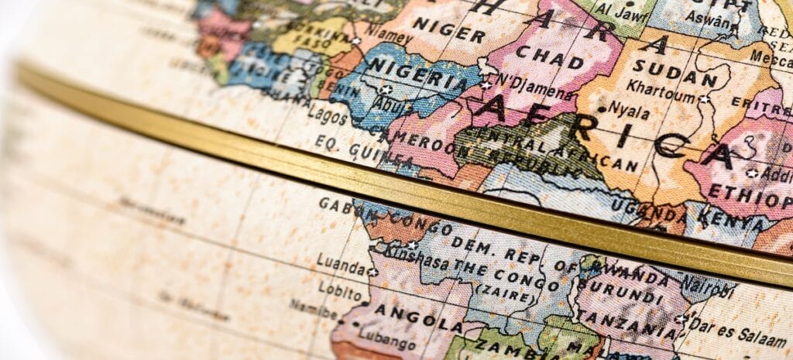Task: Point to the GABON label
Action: click(342, 204)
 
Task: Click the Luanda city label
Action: click(341, 267)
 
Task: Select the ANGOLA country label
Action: click(407, 319)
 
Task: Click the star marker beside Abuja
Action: click(385, 90)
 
